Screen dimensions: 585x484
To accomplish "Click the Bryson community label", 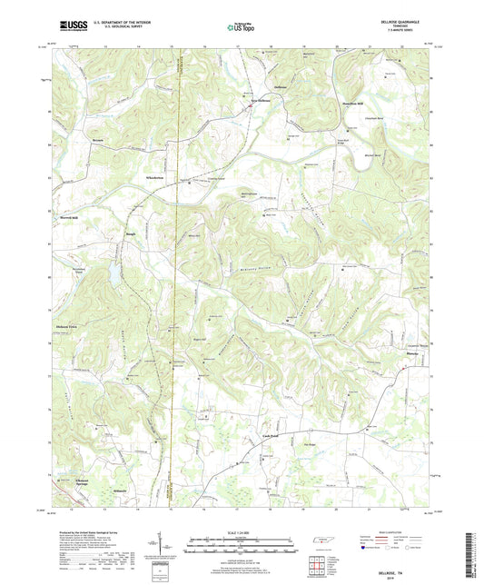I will pyautogui.click(x=99, y=142).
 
